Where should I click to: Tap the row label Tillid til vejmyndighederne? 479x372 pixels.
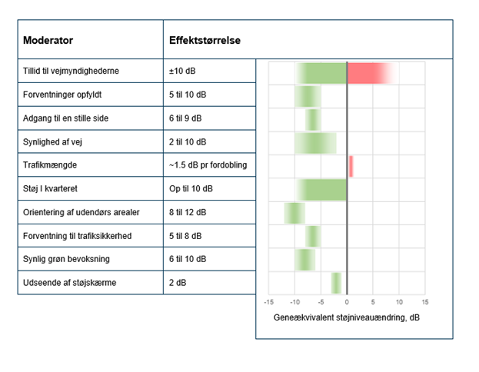(70, 72)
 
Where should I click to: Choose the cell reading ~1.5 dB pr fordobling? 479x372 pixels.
(208, 165)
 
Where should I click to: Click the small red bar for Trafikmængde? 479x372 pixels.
(351, 166)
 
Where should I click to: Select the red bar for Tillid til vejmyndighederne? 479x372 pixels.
(369, 73)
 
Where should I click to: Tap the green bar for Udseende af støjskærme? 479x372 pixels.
(336, 283)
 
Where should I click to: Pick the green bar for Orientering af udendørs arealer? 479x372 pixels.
(294, 213)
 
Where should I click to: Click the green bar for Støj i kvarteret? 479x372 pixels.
(323, 189)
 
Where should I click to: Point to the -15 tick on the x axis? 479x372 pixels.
(269, 302)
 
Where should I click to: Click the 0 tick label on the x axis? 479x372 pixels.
(347, 302)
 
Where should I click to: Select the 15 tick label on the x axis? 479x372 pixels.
(424, 302)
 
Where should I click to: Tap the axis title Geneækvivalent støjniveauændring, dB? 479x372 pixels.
(347, 317)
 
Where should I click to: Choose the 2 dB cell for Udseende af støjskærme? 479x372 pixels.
(177, 282)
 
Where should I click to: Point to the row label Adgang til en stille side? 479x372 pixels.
(68, 119)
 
